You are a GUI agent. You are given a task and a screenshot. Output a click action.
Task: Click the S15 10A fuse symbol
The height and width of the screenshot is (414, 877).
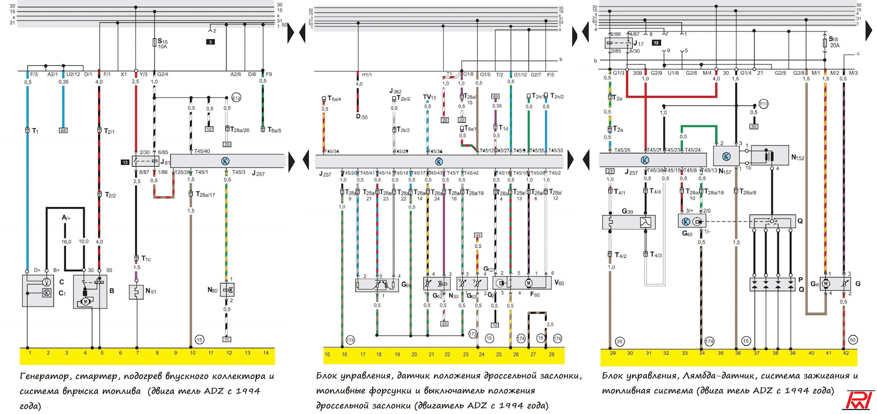[x=155, y=42]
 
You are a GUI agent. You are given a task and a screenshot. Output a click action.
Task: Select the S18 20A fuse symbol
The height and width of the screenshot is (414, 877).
[x=824, y=42]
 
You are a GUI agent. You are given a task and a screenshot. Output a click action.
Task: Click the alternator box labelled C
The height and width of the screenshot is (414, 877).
[x=38, y=290]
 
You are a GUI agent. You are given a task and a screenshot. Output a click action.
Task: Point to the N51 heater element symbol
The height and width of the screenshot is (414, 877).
[x=136, y=292]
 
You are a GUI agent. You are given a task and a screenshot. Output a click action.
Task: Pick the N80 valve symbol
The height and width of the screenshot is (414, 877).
[x=227, y=290]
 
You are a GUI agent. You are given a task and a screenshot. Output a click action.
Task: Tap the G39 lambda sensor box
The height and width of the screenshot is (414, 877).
[x=629, y=222]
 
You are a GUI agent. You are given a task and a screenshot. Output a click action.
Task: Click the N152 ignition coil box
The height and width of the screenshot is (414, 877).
[x=770, y=156]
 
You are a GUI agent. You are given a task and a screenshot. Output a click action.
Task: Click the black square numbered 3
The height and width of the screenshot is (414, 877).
[x=210, y=42]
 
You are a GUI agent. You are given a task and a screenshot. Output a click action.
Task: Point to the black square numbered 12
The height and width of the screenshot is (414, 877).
[x=656, y=43]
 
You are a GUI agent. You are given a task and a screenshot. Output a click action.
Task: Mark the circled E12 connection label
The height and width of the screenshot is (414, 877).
[x=236, y=98]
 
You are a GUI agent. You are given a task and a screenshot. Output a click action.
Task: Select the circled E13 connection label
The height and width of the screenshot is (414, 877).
[x=764, y=104]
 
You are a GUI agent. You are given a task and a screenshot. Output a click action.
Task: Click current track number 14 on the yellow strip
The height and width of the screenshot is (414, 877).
[x=266, y=353]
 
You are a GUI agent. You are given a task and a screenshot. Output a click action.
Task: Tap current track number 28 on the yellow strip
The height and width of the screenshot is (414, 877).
[x=551, y=354]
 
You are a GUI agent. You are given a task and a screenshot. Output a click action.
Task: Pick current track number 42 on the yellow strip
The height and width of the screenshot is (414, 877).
[x=846, y=353]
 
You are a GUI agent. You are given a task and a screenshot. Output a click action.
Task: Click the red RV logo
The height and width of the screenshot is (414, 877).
[x=860, y=400]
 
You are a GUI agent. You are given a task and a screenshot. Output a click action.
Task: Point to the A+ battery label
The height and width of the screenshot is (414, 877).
[x=66, y=218]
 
